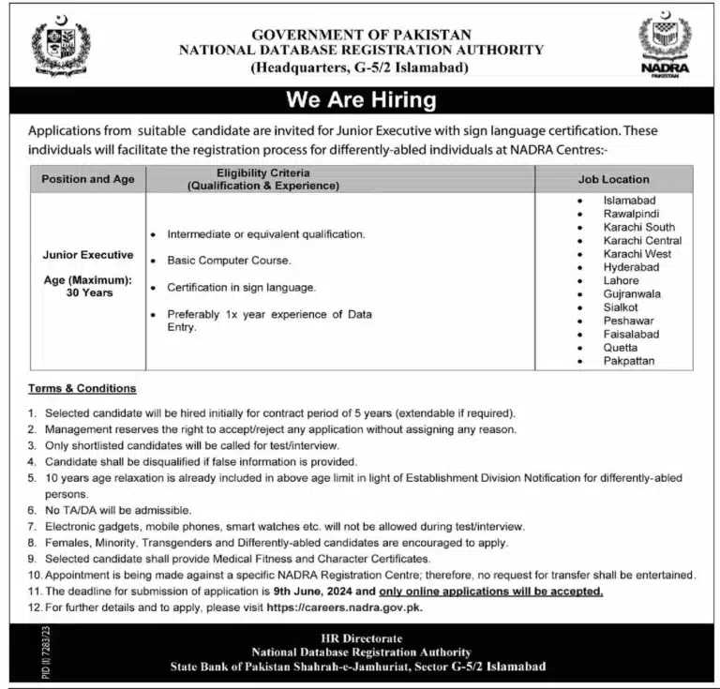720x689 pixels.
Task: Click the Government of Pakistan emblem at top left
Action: [62, 46]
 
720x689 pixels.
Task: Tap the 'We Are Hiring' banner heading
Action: [361, 99]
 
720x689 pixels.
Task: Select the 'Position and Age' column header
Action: [88, 179]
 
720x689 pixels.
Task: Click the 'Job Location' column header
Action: [613, 179]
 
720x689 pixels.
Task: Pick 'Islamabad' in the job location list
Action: [629, 201]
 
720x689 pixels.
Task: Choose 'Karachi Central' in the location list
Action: [642, 241]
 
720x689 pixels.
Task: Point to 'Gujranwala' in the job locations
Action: [632, 294]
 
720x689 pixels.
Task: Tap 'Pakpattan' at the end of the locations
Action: [629, 361]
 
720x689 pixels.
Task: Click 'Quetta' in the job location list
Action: [620, 348]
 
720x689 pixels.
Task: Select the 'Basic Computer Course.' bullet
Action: [229, 261]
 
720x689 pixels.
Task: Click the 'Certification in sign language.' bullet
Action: [241, 288]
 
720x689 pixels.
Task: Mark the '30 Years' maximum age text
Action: [88, 293]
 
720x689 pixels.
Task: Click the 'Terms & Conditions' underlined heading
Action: [82, 388]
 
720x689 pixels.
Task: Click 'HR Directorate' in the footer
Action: [361, 638]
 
